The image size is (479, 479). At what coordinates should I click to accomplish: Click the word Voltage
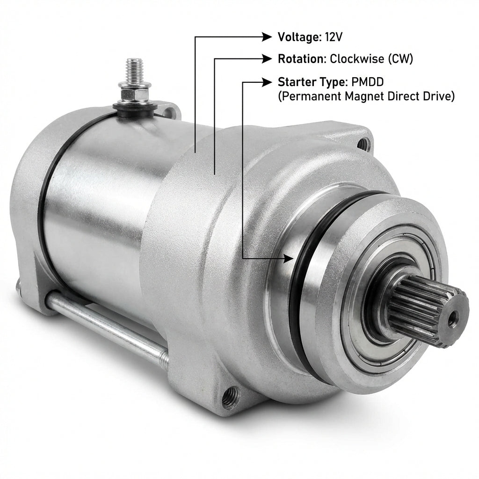point(298,37)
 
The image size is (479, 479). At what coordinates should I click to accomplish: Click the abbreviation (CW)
point(400,59)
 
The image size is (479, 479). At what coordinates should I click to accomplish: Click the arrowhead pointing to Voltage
point(267,37)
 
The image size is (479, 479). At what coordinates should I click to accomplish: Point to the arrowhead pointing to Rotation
point(267,58)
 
